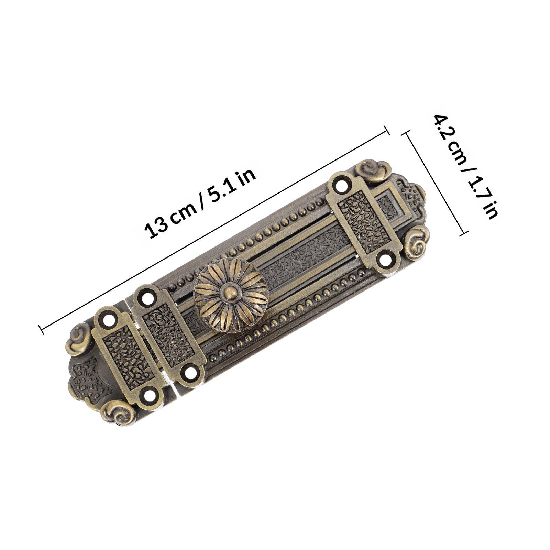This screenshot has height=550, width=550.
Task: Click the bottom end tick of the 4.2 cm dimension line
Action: tap(464, 233)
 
